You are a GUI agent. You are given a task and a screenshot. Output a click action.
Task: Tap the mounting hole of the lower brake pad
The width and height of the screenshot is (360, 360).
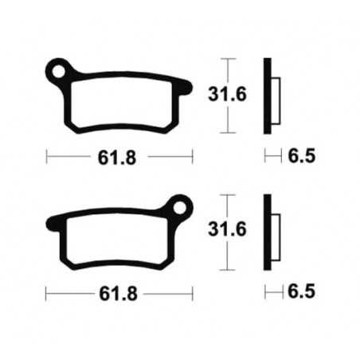[x=180, y=211]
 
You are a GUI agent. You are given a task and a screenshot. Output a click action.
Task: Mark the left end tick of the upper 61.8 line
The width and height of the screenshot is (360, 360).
[x=46, y=156]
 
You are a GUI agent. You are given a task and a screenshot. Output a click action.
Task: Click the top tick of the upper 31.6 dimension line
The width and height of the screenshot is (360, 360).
[x=229, y=59]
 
